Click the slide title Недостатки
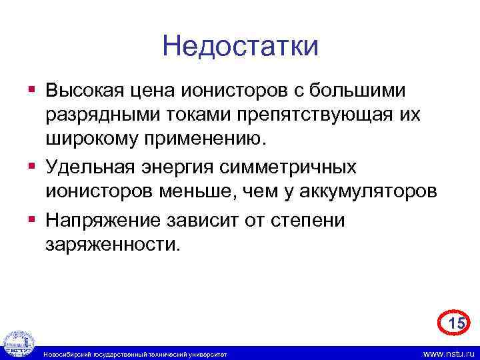point(240,47)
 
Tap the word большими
point(363,89)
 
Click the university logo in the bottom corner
point(17,344)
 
